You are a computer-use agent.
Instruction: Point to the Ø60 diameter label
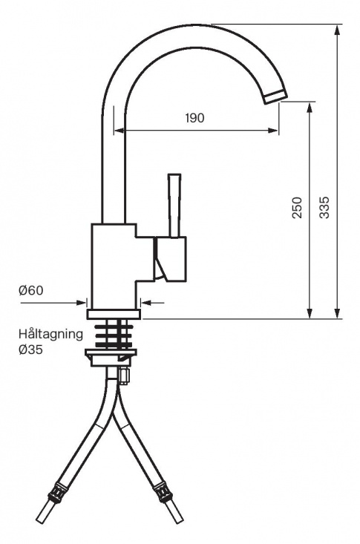click(31, 290)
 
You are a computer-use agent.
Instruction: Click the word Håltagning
click(51, 334)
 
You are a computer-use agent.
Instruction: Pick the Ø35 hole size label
click(31, 349)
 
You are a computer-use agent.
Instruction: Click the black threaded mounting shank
click(112, 333)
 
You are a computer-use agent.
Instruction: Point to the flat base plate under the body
click(114, 314)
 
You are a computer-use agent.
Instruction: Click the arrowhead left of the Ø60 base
click(82, 302)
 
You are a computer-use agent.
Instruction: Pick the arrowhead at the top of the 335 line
click(338, 28)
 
